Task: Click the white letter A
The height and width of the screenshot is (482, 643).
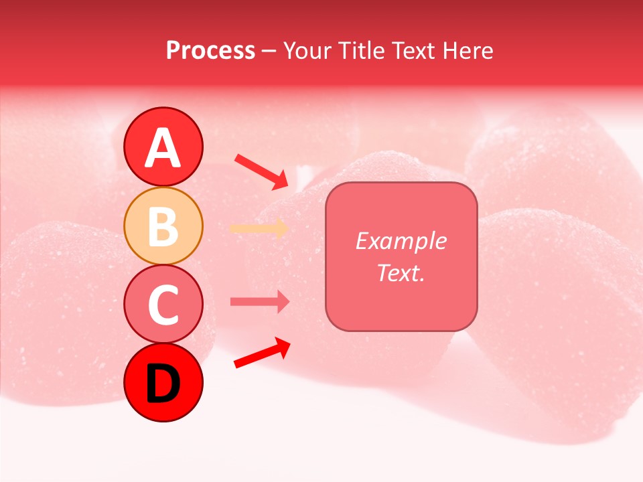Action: pos(163,149)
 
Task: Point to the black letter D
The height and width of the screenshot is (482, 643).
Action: pos(163,384)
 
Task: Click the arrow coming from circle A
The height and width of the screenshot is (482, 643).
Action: pos(262,171)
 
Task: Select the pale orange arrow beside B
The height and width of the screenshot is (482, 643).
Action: pos(259,228)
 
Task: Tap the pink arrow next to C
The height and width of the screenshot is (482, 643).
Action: pos(259,301)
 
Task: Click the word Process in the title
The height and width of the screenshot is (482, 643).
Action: pos(210,51)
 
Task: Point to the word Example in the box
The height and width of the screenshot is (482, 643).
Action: pos(401,241)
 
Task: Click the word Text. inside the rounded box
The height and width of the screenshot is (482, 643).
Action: pos(401,272)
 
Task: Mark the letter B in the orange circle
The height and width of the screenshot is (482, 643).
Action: pos(163,226)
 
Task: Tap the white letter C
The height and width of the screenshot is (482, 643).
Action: pos(163,305)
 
